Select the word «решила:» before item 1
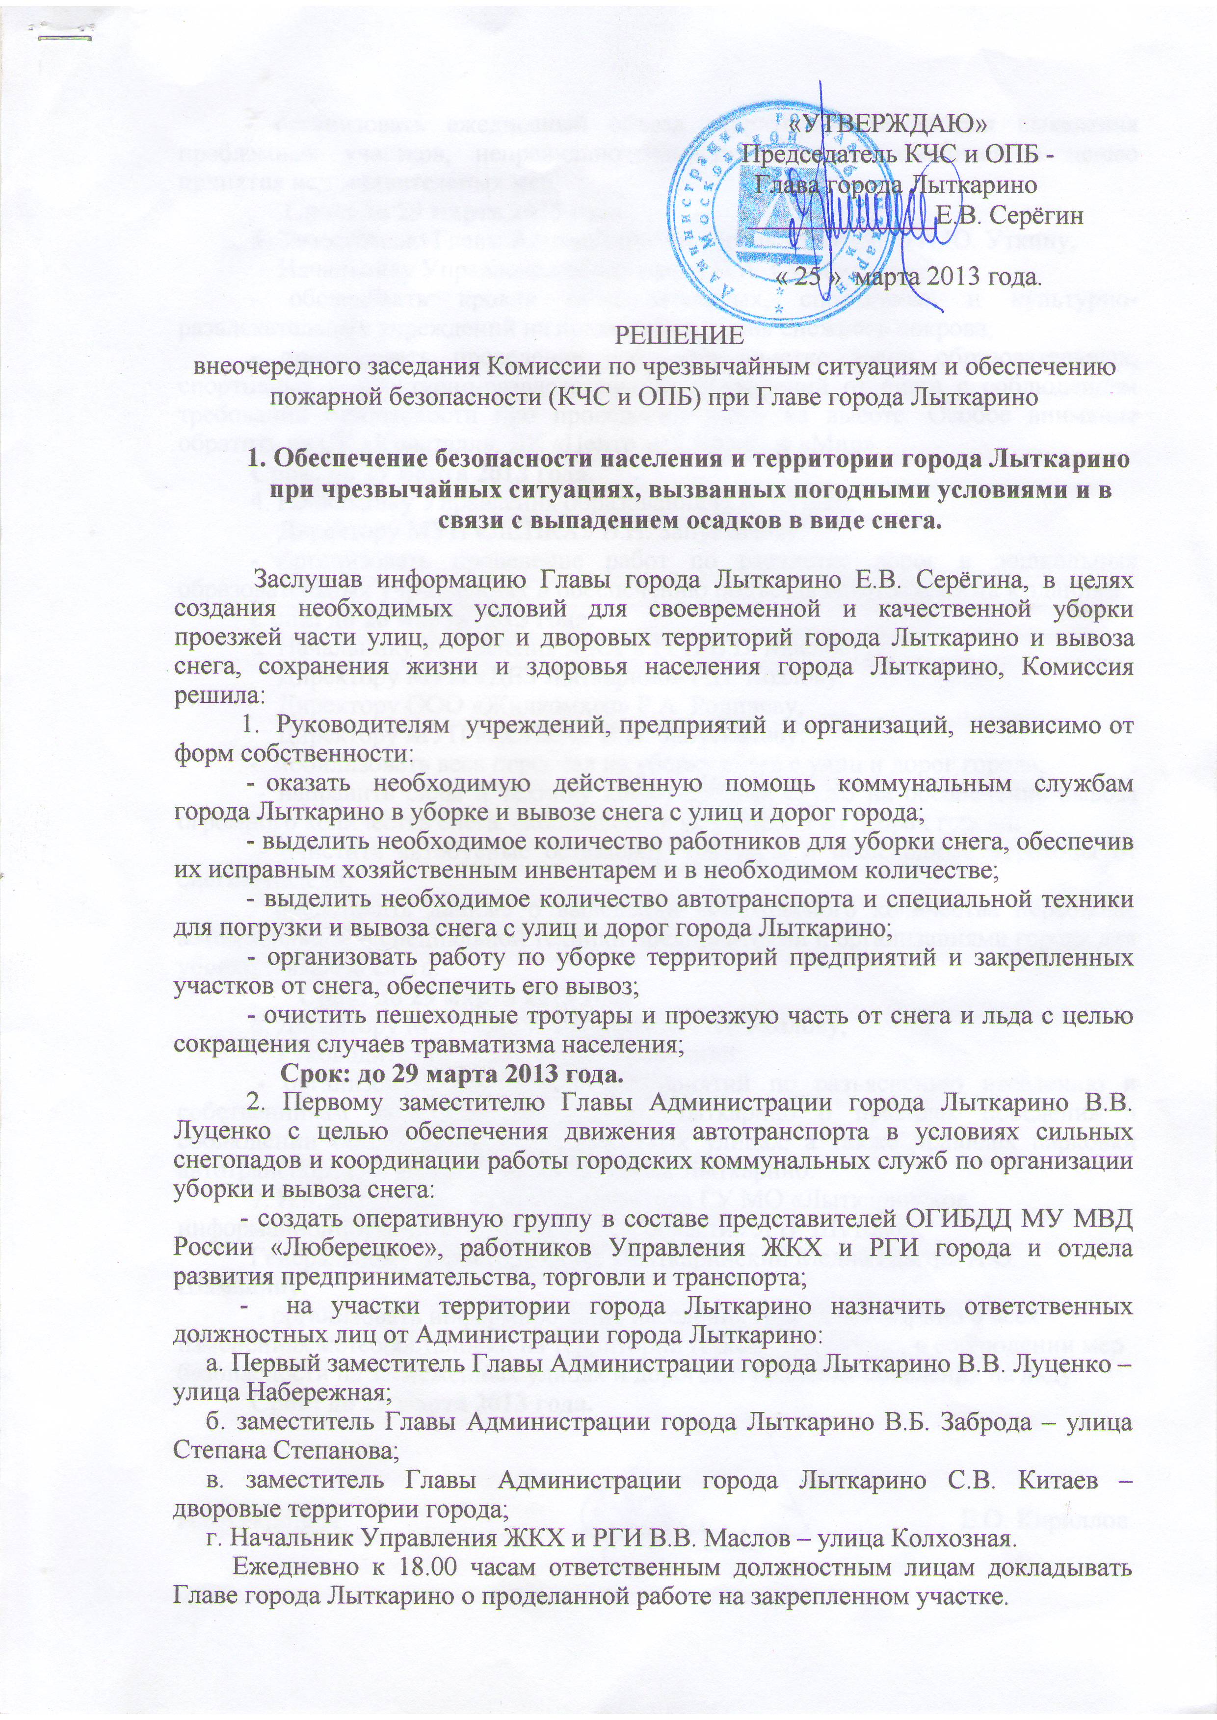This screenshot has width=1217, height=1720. [219, 694]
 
